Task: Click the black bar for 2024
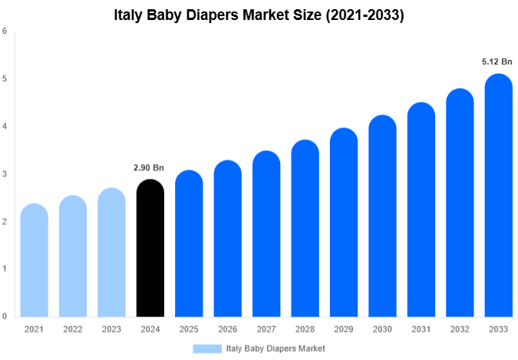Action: click(x=150, y=249)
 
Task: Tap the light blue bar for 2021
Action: click(x=34, y=261)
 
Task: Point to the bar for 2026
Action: click(x=227, y=239)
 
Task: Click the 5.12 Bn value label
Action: click(x=497, y=61)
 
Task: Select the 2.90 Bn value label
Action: click(x=149, y=167)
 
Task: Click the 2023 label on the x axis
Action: click(x=111, y=329)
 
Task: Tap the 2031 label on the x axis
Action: click(x=421, y=329)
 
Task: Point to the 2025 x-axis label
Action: click(x=189, y=329)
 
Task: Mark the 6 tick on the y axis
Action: click(x=5, y=31)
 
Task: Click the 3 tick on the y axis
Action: click(x=5, y=174)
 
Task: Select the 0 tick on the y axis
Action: click(x=5, y=316)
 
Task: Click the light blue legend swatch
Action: click(x=207, y=348)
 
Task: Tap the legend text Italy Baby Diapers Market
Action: click(x=276, y=348)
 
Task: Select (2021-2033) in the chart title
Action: click(x=364, y=15)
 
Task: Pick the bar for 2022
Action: click(x=73, y=256)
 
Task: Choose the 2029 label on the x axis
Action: click(x=343, y=329)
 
